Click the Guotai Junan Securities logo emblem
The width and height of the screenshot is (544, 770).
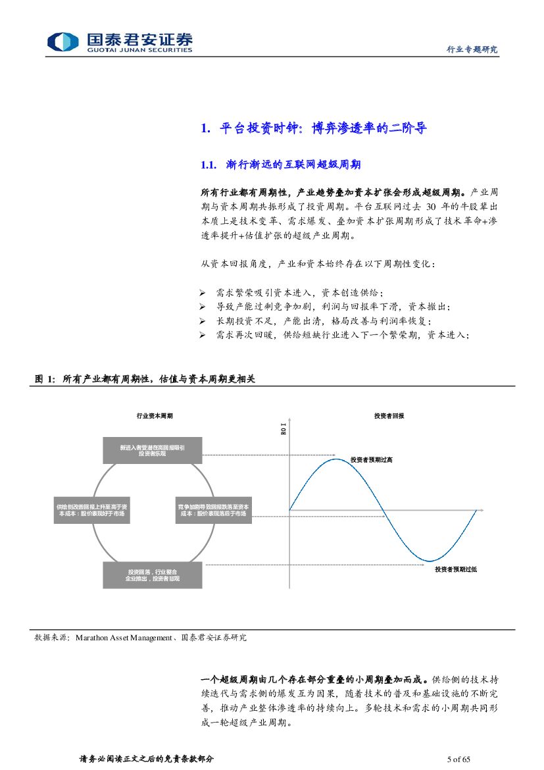(x=63, y=41)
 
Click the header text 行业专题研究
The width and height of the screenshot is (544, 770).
(x=472, y=49)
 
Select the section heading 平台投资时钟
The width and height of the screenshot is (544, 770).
(x=256, y=128)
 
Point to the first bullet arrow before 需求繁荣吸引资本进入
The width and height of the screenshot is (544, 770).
(x=203, y=292)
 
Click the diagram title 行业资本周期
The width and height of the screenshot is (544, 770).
(x=155, y=416)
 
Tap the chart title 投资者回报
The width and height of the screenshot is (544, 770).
(x=389, y=416)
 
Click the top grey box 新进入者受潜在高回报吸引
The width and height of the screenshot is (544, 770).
(x=152, y=450)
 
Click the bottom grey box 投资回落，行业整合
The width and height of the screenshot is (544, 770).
(x=152, y=575)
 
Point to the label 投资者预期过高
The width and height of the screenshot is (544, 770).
(x=372, y=460)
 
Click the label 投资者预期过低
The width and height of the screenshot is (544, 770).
(x=455, y=569)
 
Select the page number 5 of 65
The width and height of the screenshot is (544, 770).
(x=458, y=759)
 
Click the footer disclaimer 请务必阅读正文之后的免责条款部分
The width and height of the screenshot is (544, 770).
(x=146, y=759)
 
